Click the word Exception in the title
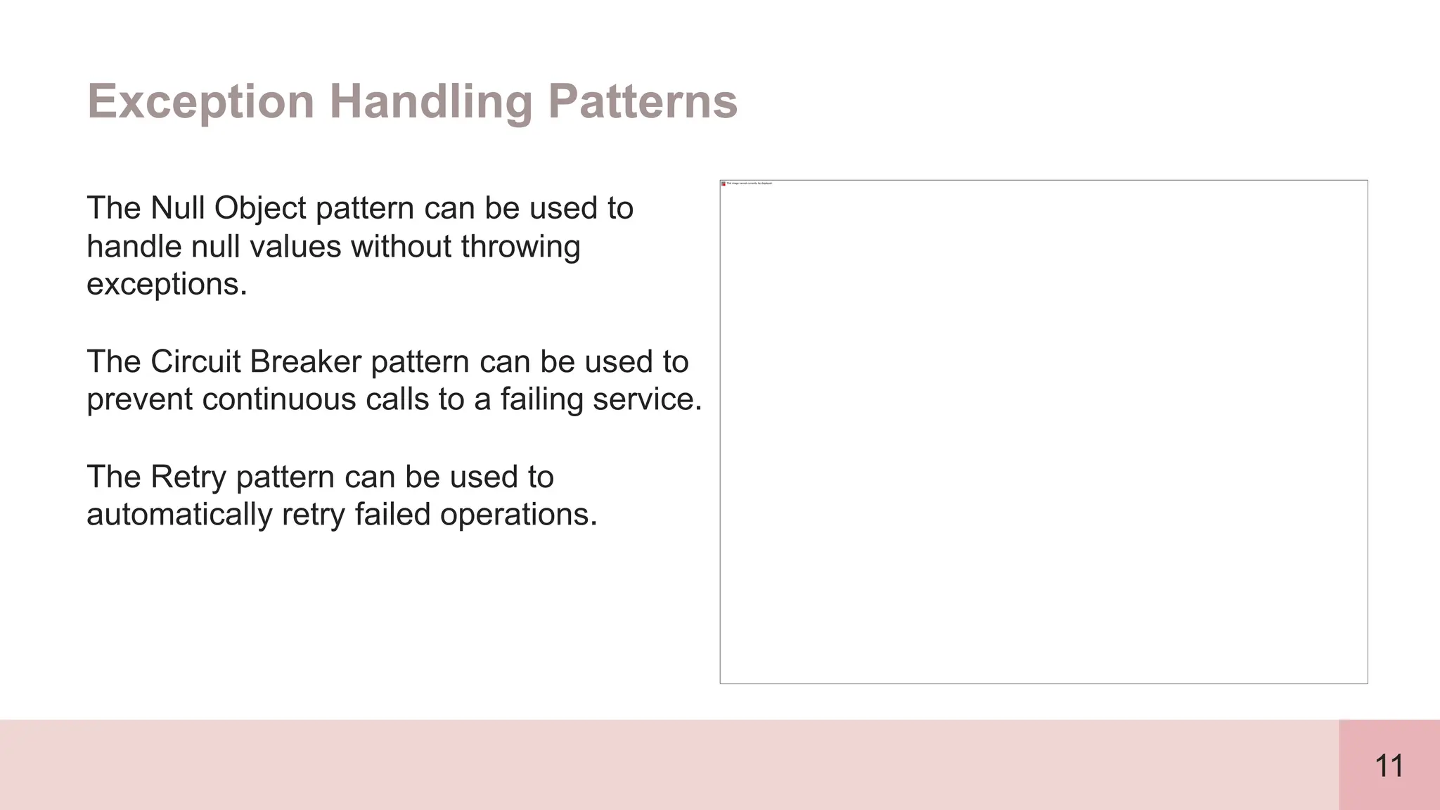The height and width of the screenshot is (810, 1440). (x=200, y=102)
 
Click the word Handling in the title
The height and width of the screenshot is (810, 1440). (x=431, y=102)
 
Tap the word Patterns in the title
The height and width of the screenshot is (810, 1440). (x=642, y=102)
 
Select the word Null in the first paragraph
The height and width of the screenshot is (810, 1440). (x=179, y=208)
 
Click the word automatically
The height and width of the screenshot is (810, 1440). (x=179, y=515)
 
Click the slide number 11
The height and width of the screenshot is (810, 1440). (x=1389, y=766)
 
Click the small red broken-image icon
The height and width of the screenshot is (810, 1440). (x=724, y=184)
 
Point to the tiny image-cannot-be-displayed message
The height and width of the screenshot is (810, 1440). (x=750, y=184)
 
